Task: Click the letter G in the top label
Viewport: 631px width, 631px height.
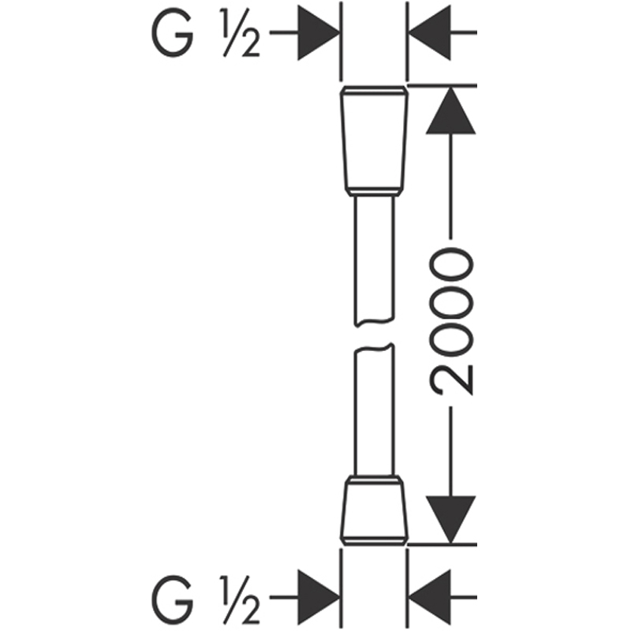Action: (x=172, y=32)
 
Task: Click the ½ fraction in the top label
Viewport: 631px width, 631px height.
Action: (x=241, y=32)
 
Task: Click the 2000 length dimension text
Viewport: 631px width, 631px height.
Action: (x=450, y=322)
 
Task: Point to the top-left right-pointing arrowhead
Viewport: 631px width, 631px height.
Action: (x=319, y=32)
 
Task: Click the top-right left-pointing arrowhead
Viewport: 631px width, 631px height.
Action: (x=430, y=32)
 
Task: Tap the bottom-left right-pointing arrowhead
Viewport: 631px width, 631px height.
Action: (x=319, y=597)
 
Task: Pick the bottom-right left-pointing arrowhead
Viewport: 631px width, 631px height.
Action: (x=430, y=597)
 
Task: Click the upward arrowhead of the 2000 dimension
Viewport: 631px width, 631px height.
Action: (x=450, y=110)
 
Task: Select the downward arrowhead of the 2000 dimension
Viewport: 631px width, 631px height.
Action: (x=450, y=520)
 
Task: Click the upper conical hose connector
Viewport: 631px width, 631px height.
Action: (x=374, y=141)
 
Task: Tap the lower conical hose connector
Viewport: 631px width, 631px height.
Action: (x=374, y=510)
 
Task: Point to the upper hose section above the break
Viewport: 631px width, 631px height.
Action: (x=374, y=260)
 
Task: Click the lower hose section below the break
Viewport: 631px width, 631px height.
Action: (x=374, y=409)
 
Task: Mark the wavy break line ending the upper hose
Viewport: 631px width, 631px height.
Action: (x=374, y=321)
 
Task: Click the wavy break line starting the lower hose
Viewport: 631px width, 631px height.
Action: (x=374, y=348)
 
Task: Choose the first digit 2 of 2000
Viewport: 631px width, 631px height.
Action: (x=451, y=380)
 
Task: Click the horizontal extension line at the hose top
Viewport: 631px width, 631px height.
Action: (x=442, y=86)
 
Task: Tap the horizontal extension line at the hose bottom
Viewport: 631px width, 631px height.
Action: (x=442, y=544)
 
